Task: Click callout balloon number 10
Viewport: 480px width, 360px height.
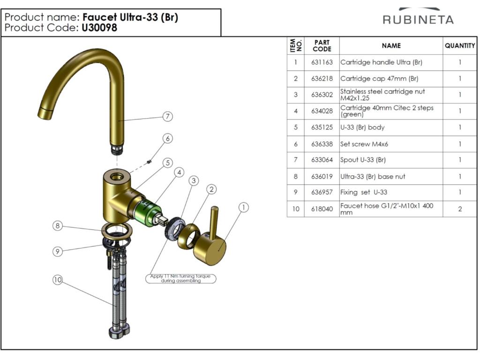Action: pos(58,280)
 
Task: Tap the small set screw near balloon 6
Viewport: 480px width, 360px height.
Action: pos(148,162)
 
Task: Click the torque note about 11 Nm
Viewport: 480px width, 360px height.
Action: pos(180,278)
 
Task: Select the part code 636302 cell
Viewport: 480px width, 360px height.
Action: pos(322,95)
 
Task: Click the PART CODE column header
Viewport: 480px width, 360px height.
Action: pos(322,45)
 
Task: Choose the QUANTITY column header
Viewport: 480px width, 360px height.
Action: pos(459,45)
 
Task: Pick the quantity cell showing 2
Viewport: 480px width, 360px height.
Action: pos(459,209)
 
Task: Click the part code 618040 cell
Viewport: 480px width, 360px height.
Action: pos(322,209)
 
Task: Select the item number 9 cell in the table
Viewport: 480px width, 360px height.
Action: pos(295,192)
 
